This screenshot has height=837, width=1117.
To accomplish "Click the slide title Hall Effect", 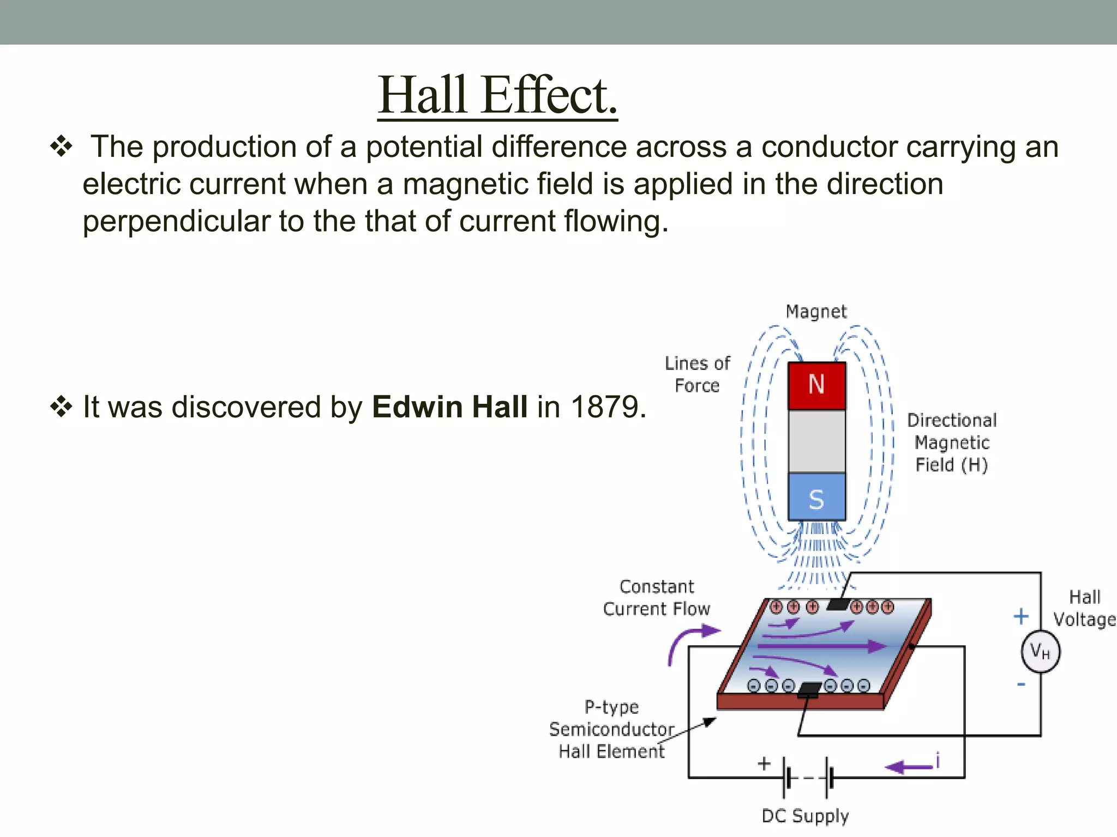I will pos(497,95).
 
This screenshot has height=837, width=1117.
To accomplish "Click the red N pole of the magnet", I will pos(816,385).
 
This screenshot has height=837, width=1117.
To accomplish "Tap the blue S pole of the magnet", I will pos(816,498).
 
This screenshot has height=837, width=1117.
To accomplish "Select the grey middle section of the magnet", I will pos(816,441).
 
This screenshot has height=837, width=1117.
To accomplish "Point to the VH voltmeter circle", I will pos(1040,651).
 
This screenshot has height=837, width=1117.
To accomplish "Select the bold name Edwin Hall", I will pos(449,407).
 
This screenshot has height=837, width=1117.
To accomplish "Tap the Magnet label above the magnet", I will pos(816,312).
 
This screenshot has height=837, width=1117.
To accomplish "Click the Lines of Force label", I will pos(697,374).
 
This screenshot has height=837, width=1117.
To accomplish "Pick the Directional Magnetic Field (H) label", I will pos(952,442).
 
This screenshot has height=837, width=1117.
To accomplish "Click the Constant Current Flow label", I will pos(657,598).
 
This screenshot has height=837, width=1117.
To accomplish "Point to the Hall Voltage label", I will pos(1084,608).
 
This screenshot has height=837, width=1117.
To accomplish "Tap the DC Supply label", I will pos(805,816).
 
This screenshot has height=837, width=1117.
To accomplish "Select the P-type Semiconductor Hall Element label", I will pos(611,729).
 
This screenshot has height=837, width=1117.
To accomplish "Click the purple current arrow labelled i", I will pos(909,767).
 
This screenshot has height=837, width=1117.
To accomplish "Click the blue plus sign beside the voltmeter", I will pos(1020,617).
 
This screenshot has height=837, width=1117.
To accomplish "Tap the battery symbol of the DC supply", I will pos(808,778).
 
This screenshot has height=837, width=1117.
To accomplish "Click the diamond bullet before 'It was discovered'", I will pos(61,407).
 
